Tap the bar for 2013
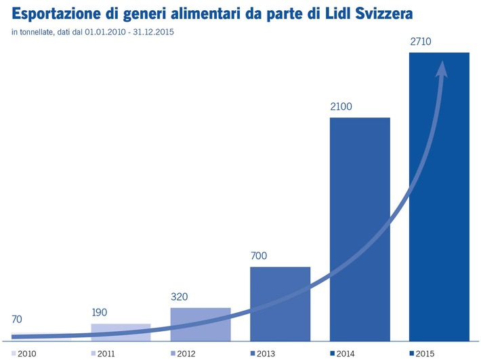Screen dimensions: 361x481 pyautogui.click(x=280, y=303)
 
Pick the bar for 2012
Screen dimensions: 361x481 pyautogui.click(x=201, y=323)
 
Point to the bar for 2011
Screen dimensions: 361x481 pyautogui.click(x=121, y=330)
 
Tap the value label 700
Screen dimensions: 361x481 pyautogui.click(x=259, y=256)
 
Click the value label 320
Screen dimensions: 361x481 pyautogui.click(x=180, y=297)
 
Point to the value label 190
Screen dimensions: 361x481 pyautogui.click(x=100, y=313)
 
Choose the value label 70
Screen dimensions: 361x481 pyautogui.click(x=18, y=319)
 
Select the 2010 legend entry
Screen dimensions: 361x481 pyautogui.click(x=24, y=354)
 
